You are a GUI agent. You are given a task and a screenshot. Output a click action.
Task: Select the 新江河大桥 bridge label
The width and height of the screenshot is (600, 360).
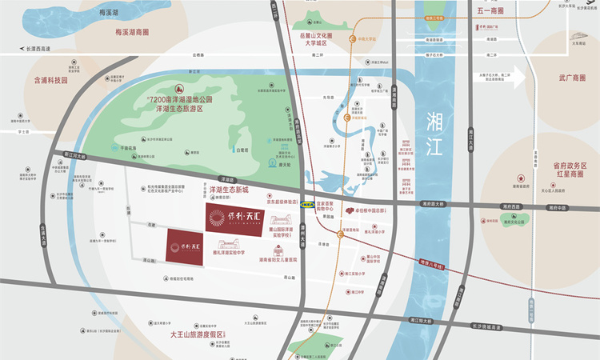[72, 156]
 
